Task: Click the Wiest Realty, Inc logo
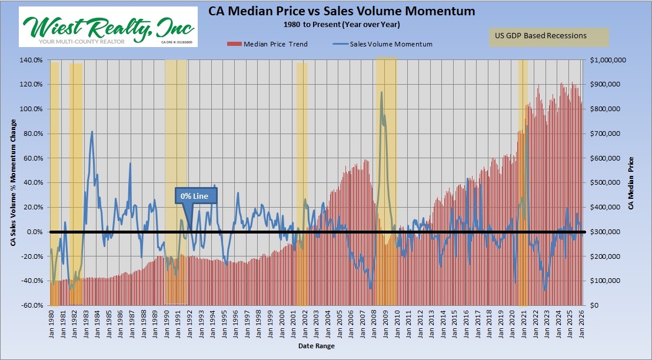click(x=108, y=27)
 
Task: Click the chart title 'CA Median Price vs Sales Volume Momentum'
click(x=341, y=11)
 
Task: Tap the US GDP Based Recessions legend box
click(x=548, y=36)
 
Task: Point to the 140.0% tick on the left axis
click(x=31, y=60)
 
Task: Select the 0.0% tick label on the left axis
click(x=33, y=232)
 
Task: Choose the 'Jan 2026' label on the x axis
click(x=582, y=321)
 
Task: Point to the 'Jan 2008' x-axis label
click(x=374, y=321)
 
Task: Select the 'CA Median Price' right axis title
click(x=631, y=183)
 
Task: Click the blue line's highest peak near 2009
click(x=381, y=92)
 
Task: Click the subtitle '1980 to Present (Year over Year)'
click(x=341, y=25)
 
